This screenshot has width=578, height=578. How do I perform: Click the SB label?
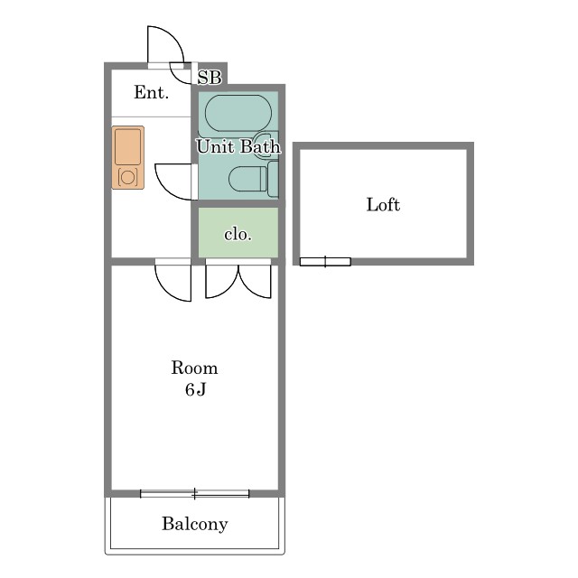210,78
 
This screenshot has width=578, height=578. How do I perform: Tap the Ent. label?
151,92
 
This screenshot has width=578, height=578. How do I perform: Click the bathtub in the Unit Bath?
238,113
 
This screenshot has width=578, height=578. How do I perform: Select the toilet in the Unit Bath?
247,179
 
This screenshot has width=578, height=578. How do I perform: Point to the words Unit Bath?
238,146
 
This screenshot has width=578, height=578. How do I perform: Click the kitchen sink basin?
127,147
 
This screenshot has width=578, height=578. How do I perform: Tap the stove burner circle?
127,177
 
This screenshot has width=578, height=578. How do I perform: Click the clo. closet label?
238,235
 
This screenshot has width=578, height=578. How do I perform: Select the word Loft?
383,205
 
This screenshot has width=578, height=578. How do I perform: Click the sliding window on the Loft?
325,262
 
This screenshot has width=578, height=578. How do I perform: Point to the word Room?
194,368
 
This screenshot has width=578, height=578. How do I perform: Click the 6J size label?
195,389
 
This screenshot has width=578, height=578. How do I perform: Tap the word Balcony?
195,524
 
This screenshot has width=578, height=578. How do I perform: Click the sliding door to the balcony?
195,494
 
